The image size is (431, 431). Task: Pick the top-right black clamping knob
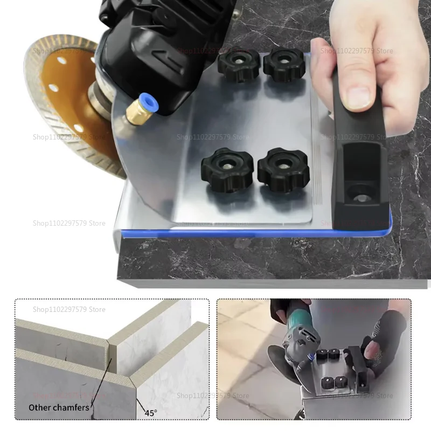click(x=284, y=64)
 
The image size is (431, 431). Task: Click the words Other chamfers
click(x=59, y=407)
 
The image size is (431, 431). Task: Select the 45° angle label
click(x=150, y=413)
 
